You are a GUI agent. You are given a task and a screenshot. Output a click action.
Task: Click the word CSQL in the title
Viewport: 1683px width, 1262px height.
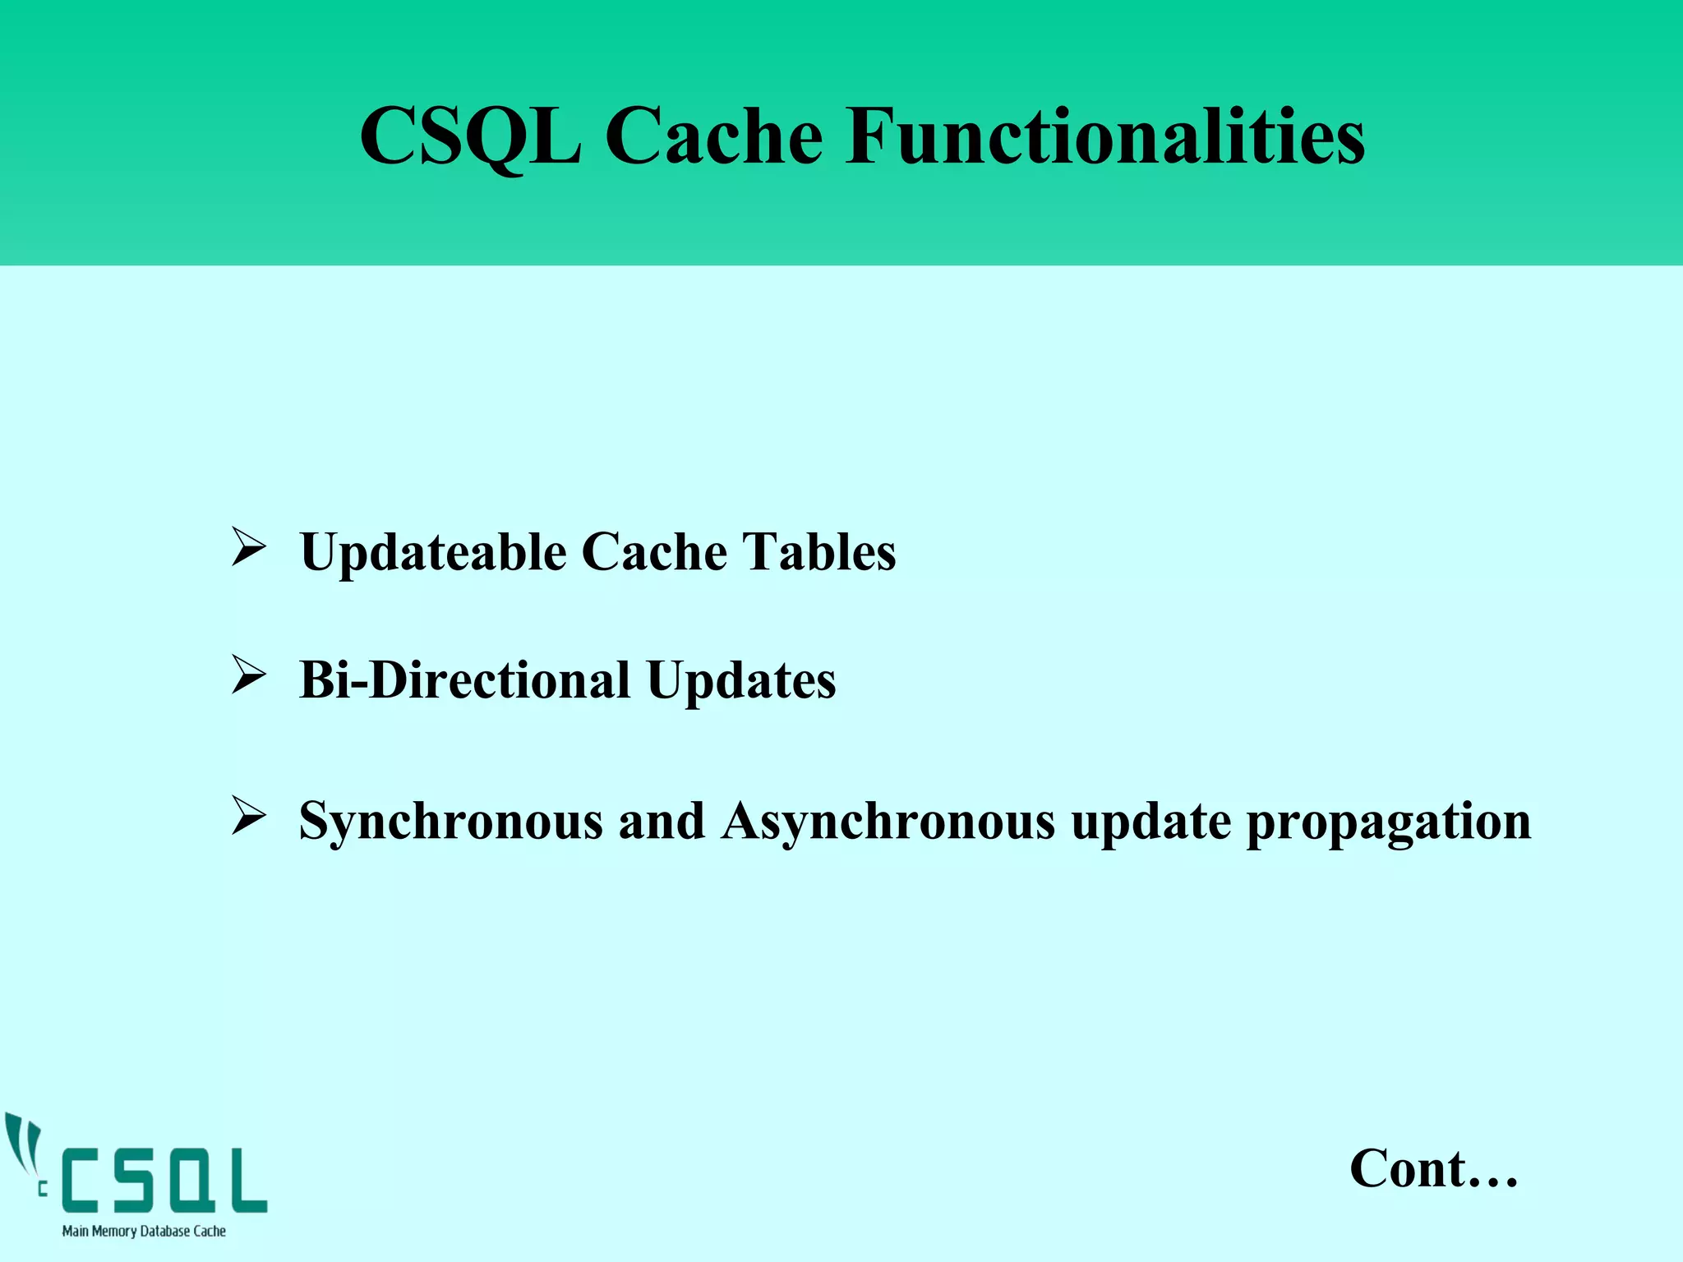470,136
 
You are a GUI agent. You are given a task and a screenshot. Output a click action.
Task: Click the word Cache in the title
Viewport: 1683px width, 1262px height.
713,136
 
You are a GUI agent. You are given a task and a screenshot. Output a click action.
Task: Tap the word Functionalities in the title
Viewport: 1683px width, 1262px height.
1105,136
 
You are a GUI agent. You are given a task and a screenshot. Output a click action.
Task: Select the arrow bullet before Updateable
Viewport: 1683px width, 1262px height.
248,548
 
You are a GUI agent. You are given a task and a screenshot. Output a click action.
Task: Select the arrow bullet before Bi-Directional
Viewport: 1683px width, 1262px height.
248,675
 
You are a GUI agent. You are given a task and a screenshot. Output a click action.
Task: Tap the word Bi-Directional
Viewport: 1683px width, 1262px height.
464,680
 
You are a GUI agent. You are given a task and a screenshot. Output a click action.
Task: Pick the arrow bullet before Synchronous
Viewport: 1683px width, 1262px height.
248,816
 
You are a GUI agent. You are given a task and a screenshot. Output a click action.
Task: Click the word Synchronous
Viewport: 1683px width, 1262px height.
450,822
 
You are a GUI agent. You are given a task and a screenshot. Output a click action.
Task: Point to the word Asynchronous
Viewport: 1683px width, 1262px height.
888,822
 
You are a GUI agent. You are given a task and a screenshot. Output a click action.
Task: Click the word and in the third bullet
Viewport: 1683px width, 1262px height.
662,820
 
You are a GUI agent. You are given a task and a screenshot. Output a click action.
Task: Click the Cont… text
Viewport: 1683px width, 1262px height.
1433,1168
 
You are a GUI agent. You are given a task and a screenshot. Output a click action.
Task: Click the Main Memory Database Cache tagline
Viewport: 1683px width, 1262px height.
144,1231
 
